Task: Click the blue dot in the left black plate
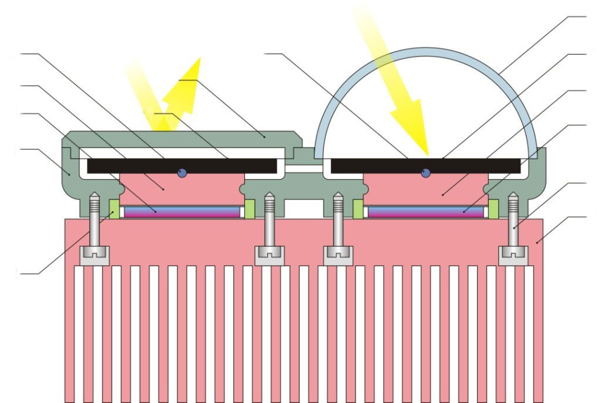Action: pyautogui.click(x=182, y=172)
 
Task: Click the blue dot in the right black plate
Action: pyautogui.click(x=426, y=172)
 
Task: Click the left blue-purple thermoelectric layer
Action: pyautogui.click(x=182, y=211)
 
